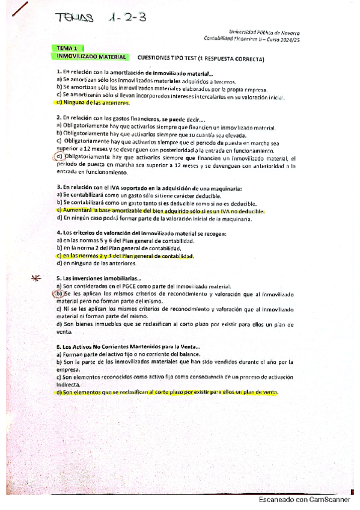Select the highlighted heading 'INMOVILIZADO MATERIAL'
click(x=91, y=57)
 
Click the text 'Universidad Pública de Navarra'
click(x=265, y=32)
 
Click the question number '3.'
click(x=59, y=187)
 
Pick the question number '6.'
click(x=59, y=347)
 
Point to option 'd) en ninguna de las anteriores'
click(x=96, y=263)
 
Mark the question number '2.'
click(x=59, y=118)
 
